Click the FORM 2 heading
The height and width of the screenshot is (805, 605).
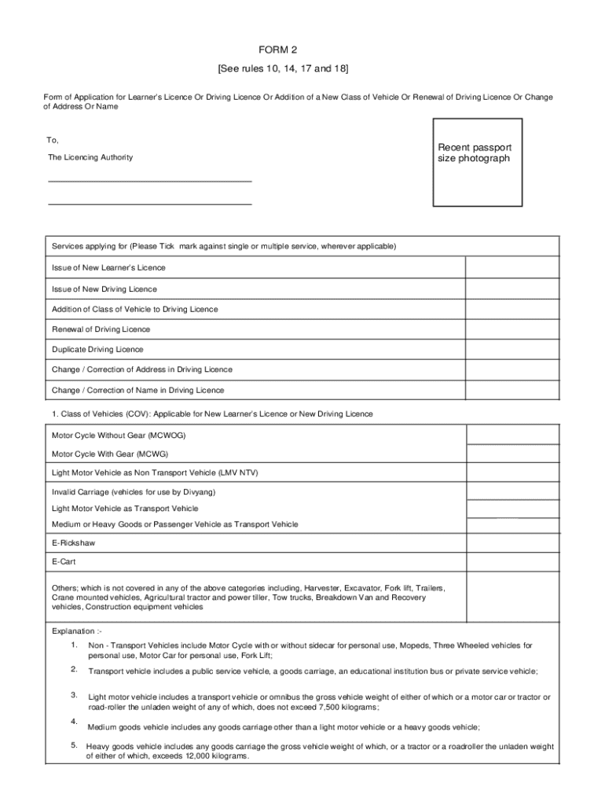click(x=302, y=50)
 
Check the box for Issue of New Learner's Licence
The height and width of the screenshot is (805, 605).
click(x=512, y=267)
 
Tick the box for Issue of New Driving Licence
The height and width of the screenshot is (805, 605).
click(x=512, y=289)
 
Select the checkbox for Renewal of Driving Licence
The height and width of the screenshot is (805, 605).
click(x=512, y=329)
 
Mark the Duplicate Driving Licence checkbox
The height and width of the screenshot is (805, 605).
click(x=512, y=349)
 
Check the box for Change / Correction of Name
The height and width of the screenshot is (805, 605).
click(x=512, y=390)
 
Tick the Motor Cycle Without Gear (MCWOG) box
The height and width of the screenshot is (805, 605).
click(x=512, y=435)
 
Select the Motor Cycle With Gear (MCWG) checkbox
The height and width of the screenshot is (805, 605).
click(x=512, y=454)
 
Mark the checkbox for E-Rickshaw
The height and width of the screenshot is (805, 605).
click(x=512, y=543)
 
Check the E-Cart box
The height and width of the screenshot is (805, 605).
click(x=512, y=563)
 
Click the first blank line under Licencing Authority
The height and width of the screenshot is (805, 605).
click(x=150, y=181)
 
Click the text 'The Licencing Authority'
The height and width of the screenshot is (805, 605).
click(x=90, y=157)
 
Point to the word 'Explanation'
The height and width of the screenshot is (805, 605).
click(x=73, y=630)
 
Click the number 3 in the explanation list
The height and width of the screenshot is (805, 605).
click(x=73, y=695)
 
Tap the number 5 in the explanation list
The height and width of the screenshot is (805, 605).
click(x=73, y=744)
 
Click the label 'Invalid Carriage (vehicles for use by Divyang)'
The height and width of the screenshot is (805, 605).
click(x=134, y=492)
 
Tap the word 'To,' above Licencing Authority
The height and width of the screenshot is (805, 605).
click(x=53, y=140)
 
